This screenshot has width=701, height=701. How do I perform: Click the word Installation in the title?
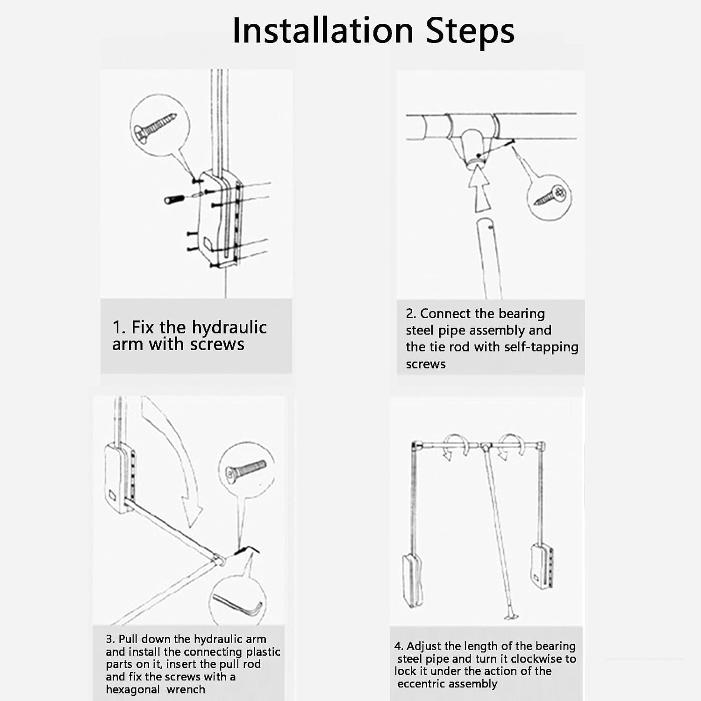(322, 31)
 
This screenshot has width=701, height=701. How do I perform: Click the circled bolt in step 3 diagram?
(246, 469)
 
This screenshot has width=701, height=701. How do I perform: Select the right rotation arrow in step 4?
(509, 446)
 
